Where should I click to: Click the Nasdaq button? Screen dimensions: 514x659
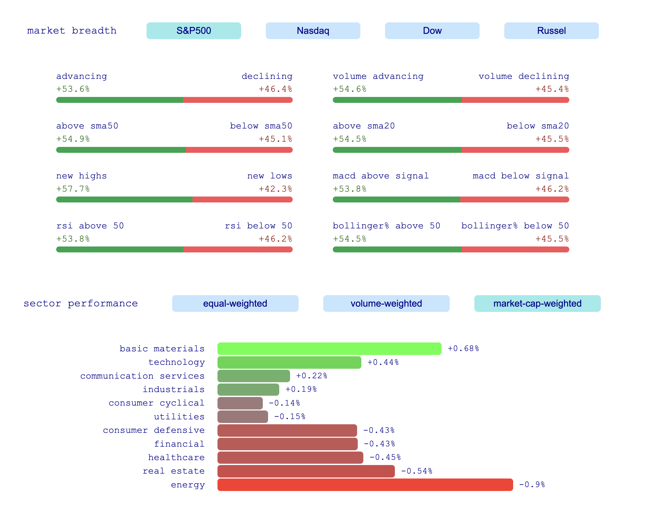313,31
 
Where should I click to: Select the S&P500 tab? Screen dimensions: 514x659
193,31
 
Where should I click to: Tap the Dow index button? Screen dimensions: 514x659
432,31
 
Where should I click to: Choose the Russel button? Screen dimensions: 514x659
551,31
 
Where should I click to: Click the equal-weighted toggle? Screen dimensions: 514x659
235,303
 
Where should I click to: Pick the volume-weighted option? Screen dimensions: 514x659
386,303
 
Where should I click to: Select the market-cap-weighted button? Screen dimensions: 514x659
537,303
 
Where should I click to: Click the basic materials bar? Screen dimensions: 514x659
329,349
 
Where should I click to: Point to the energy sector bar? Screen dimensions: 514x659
365,485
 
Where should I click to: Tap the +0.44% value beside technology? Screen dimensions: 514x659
383,362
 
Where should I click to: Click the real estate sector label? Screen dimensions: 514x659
173,471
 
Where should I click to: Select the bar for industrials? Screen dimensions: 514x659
248,389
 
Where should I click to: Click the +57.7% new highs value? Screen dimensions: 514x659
73,189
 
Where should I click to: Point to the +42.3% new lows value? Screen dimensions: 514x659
275,189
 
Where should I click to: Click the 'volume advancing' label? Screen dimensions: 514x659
378,76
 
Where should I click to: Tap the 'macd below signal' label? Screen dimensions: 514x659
521,176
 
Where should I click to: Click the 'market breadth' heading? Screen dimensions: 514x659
72,31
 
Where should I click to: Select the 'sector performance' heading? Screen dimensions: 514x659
80,303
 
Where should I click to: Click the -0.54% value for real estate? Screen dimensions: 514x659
417,471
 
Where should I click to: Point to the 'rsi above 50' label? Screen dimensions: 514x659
90,226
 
